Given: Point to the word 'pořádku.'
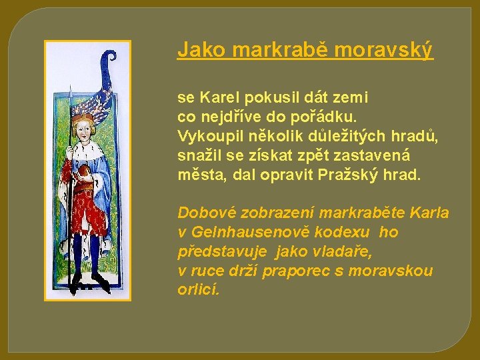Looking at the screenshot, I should coord(329,117).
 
